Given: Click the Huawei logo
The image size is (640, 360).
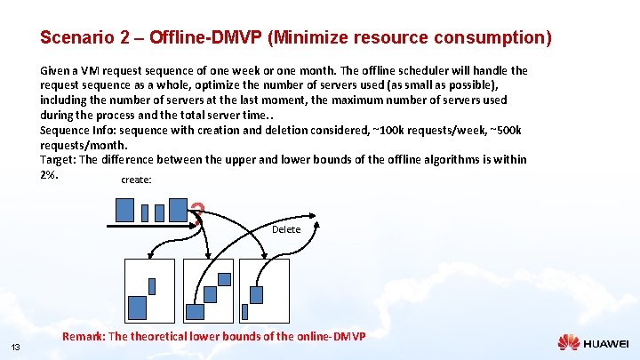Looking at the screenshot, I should [x=569, y=342].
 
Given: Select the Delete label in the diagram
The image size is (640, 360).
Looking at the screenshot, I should [x=286, y=229].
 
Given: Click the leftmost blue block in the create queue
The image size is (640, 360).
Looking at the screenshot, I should [x=124, y=209].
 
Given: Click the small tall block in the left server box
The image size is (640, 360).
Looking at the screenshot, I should [x=152, y=285].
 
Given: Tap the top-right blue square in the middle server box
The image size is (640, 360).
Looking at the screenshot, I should [x=224, y=279].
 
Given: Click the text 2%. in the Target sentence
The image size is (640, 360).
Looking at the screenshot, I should [x=49, y=173].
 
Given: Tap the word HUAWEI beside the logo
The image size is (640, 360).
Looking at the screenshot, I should [x=605, y=343].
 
